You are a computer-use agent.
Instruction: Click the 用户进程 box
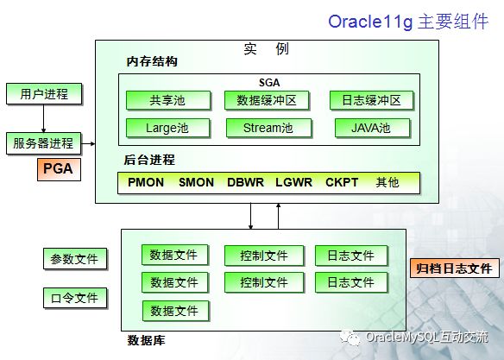click(44, 94)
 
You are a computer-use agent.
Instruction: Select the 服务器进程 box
click(43, 143)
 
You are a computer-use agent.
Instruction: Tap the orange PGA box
click(59, 169)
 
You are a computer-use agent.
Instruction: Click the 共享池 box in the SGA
click(168, 100)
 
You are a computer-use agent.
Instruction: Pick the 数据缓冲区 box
click(267, 100)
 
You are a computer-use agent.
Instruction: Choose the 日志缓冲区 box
click(371, 100)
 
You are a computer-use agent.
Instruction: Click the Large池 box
click(167, 128)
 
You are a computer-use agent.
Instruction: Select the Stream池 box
click(268, 128)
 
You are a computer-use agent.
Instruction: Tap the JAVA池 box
click(372, 128)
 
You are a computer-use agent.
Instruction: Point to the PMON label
click(146, 182)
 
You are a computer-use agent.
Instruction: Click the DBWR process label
click(246, 182)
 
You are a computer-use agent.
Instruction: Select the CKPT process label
click(342, 182)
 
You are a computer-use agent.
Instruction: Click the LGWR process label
click(293, 182)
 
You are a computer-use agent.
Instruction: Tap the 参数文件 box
click(75, 259)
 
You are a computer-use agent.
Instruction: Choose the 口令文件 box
click(75, 298)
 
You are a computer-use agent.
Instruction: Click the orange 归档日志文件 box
click(455, 268)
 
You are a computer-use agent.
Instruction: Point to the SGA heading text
click(269, 83)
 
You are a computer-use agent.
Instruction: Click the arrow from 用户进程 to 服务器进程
click(43, 118)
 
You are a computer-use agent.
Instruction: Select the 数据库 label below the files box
click(146, 340)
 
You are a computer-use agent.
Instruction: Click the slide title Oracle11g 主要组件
click(408, 22)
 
